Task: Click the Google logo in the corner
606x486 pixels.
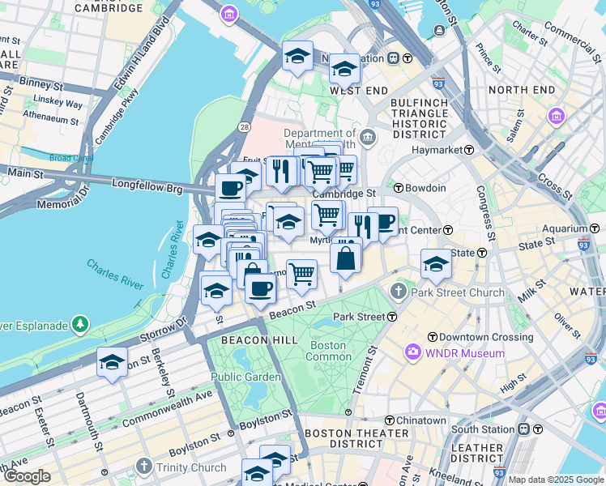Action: [27, 476]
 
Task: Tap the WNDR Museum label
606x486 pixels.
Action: [467, 353]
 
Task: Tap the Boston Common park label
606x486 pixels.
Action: [327, 351]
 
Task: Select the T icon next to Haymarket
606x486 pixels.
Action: [469, 150]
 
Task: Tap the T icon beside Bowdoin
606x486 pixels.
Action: [397, 188]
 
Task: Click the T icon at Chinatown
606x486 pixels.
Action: [390, 420]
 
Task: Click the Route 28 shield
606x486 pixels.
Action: [244, 127]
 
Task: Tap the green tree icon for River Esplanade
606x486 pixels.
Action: [79, 326]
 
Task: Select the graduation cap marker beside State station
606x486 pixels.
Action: [435, 263]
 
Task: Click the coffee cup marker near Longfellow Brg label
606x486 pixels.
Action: [230, 189]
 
